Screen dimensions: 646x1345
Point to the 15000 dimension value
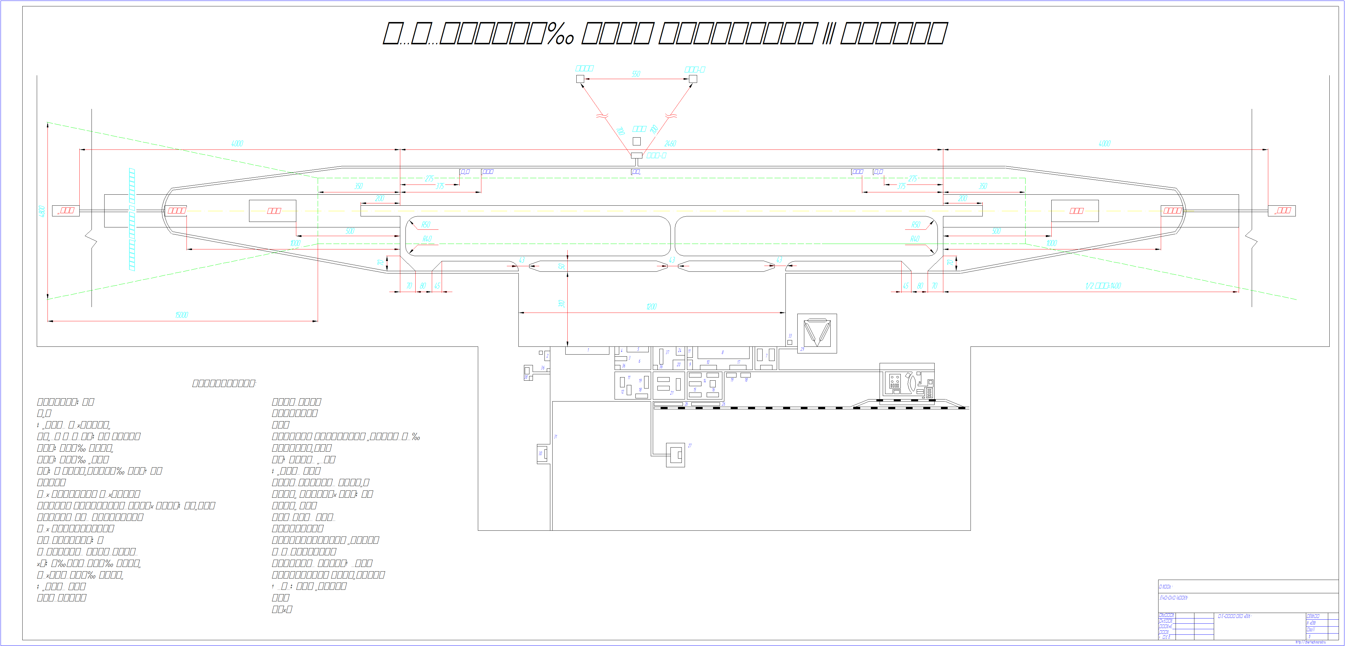pyautogui.click(x=181, y=315)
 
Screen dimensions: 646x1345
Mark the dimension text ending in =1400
pyautogui.click(x=1103, y=286)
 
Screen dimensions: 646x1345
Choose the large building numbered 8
pyautogui.click(x=724, y=353)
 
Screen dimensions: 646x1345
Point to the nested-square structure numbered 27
pyautogui.click(x=676, y=455)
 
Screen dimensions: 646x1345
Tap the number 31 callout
pyautogui.click(x=555, y=437)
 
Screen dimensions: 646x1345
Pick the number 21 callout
pyautogui.click(x=672, y=393)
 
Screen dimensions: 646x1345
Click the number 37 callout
pyautogui.click(x=667, y=353)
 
